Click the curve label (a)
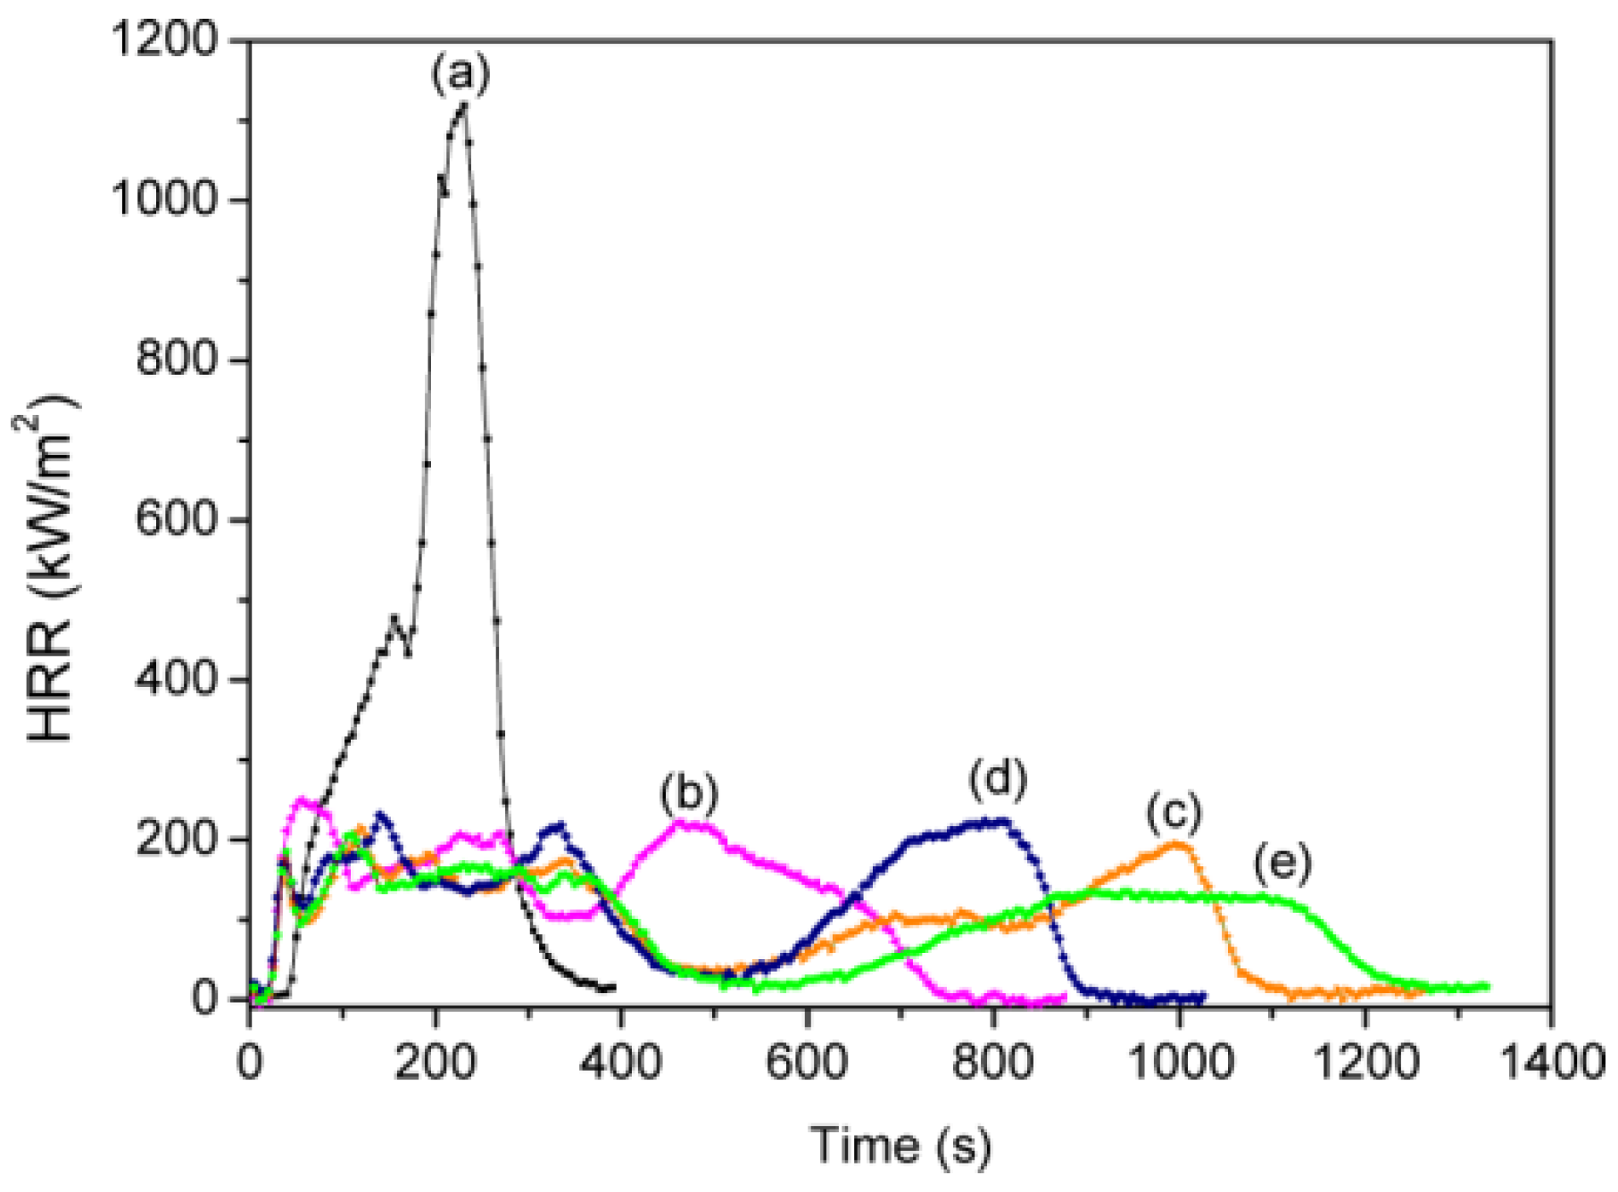(x=461, y=74)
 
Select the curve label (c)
(x=1174, y=812)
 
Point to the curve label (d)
(x=998, y=778)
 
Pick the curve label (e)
(x=1282, y=863)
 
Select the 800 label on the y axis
(x=177, y=360)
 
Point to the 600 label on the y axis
(x=177, y=519)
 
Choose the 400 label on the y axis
(x=177, y=679)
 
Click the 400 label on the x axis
(x=619, y=1064)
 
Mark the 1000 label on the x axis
(x=1178, y=1064)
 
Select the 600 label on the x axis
(x=806, y=1064)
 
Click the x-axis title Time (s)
(x=900, y=1145)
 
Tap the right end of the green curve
(x=1487, y=986)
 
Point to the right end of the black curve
(x=613, y=988)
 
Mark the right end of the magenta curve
(x=1064, y=997)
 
